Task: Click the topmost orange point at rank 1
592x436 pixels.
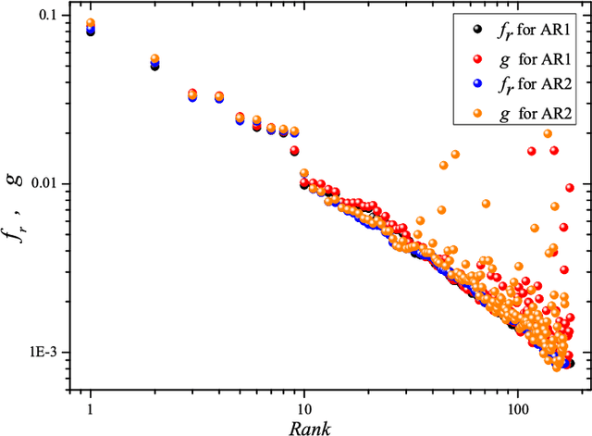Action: [91, 23]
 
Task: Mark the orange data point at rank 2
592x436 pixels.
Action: [154, 59]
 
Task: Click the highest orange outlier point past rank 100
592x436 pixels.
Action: [548, 133]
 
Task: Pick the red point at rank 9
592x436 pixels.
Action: [294, 150]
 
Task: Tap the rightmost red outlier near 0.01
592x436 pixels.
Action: [570, 188]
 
